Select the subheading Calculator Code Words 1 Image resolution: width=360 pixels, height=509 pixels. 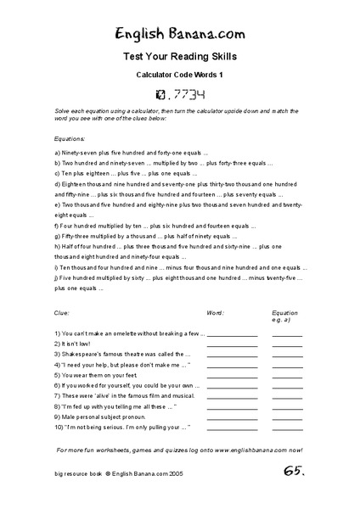(179, 75)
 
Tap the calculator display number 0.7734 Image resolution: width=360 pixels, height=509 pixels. (180, 93)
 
